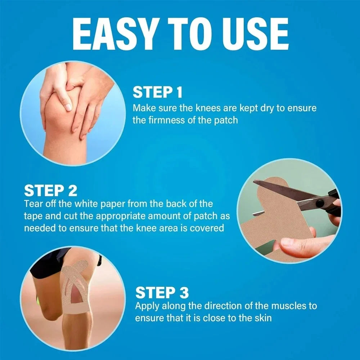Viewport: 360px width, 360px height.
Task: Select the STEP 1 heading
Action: [158, 93]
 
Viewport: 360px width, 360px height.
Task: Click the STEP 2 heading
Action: [51, 190]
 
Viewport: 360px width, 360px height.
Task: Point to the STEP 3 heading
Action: [162, 293]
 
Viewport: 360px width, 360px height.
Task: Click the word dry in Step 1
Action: [267, 108]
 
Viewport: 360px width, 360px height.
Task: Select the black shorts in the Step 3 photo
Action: [47, 261]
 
